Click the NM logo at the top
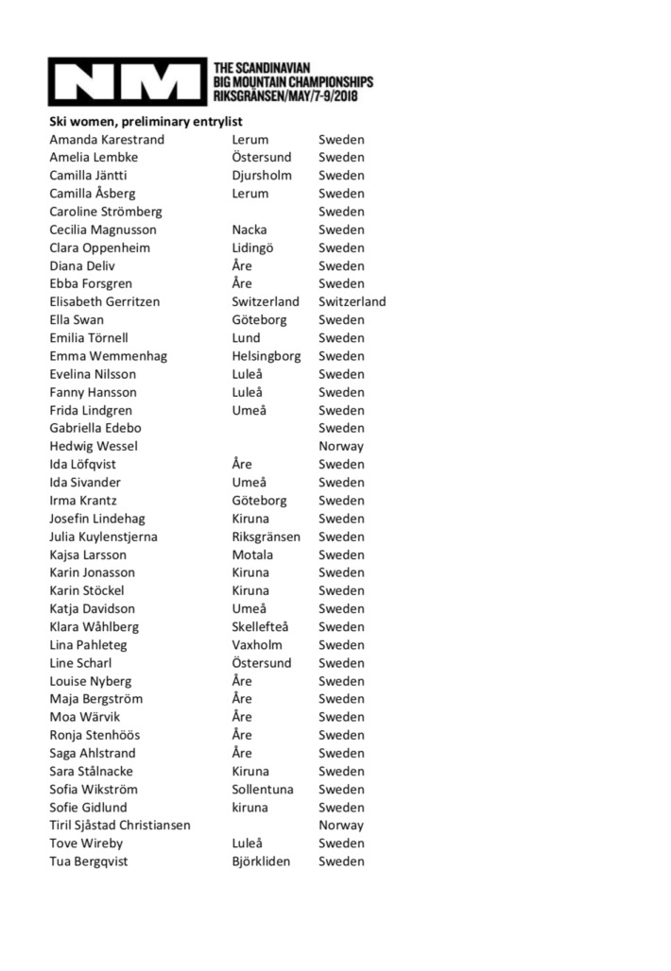click(128, 82)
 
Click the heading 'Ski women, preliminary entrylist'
click(146, 122)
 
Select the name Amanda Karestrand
click(107, 140)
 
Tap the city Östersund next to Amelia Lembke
click(262, 158)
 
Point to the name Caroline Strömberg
click(106, 212)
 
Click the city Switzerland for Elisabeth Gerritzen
click(266, 302)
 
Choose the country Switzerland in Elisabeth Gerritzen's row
click(352, 302)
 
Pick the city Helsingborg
click(267, 356)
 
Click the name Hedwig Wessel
click(94, 446)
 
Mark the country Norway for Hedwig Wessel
click(341, 446)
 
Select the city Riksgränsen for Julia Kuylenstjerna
click(267, 537)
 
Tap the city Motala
click(252, 554)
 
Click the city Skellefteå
click(264, 627)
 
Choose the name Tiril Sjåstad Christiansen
click(120, 826)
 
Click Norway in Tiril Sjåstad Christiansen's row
click(341, 826)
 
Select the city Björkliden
click(262, 861)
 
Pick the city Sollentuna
click(263, 790)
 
